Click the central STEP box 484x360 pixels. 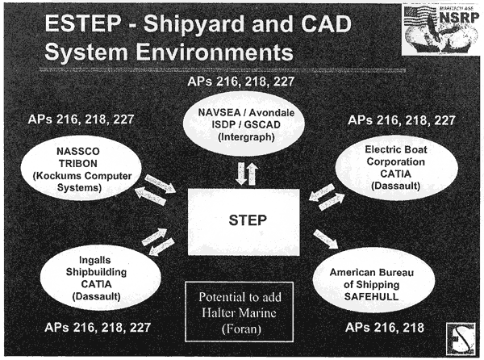click(244, 222)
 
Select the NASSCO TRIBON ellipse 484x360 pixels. click(81, 168)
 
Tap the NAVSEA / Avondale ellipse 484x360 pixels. click(244, 123)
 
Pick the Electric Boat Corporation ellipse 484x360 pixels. click(397, 169)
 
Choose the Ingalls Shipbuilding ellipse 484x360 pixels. click(101, 278)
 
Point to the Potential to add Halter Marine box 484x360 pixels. click(240, 312)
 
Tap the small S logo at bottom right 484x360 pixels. click(461, 338)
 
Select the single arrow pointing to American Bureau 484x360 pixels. click(326, 239)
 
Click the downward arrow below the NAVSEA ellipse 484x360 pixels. click(240, 174)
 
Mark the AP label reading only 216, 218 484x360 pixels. click(385, 328)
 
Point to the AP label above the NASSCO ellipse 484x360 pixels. click(81, 119)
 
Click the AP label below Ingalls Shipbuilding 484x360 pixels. click(98, 328)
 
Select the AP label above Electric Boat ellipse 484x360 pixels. click(402, 120)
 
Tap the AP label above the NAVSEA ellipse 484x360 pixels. click(240, 82)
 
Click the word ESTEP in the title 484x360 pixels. click(83, 23)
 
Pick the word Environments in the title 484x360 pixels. click(215, 52)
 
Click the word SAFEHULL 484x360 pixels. click(371, 297)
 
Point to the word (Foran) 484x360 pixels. click(241, 329)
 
